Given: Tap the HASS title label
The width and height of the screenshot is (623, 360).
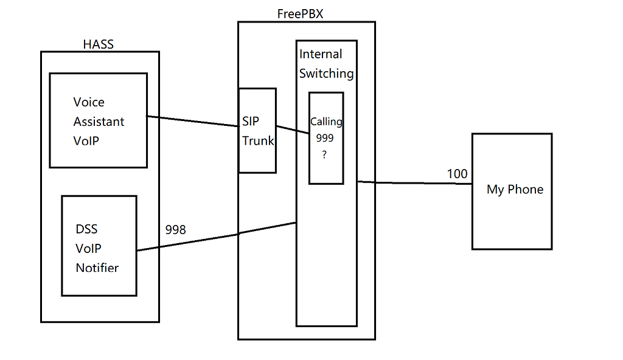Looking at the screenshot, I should click(x=98, y=44).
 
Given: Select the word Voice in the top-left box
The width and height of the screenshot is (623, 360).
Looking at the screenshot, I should click(x=89, y=102).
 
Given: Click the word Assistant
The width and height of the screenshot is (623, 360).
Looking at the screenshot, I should click(x=99, y=122).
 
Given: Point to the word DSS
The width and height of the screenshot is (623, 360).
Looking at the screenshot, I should click(x=86, y=229).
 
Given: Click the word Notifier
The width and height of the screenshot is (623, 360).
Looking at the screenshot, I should click(x=97, y=268).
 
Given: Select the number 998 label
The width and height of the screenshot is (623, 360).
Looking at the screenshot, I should click(x=176, y=230).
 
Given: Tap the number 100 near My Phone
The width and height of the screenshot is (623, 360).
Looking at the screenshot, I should click(x=457, y=174).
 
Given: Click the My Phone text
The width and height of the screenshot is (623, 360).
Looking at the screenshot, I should click(x=515, y=189).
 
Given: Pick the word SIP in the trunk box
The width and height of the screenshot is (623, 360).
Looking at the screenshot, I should click(x=251, y=122).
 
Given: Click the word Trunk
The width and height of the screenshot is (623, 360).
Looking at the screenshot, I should click(x=258, y=141).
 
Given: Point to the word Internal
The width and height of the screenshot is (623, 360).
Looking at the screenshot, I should click(x=321, y=54).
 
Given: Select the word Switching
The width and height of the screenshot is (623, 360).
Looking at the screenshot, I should click(x=326, y=74).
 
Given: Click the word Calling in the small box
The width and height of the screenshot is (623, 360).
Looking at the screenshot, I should click(x=326, y=122).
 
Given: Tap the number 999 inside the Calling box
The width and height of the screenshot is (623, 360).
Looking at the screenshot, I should click(x=325, y=138).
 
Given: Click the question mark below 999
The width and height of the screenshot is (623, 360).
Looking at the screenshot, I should click(x=325, y=155).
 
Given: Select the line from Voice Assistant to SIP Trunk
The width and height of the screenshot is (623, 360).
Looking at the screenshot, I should click(x=192, y=121).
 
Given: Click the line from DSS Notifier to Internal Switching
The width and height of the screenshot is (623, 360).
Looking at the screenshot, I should click(x=217, y=237).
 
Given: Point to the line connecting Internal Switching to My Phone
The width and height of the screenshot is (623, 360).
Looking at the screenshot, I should click(x=414, y=182).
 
